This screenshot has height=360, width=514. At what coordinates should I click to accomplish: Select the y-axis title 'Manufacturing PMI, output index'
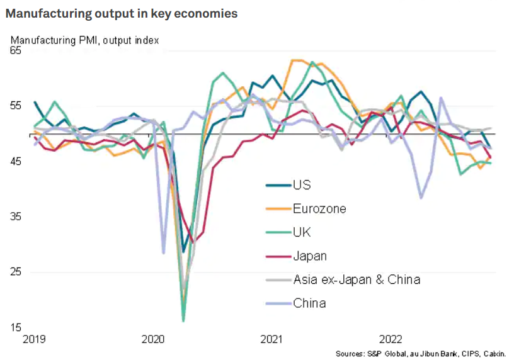pyautogui.click(x=84, y=40)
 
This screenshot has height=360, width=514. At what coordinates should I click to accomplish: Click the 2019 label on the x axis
pyautogui.click(x=34, y=339)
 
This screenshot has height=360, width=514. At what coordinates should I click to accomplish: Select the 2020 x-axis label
pyautogui.click(x=154, y=339)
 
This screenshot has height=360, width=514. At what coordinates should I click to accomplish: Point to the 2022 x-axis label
pyautogui.click(x=392, y=339)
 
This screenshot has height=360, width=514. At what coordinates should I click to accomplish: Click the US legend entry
pyautogui.click(x=302, y=185)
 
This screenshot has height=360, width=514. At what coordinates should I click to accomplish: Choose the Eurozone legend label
pyautogui.click(x=319, y=208)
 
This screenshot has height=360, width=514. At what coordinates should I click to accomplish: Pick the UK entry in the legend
pyautogui.click(x=302, y=232)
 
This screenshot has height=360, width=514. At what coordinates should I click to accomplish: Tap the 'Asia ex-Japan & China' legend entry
pyautogui.click(x=356, y=279)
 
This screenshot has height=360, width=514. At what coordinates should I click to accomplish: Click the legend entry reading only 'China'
pyautogui.click(x=309, y=303)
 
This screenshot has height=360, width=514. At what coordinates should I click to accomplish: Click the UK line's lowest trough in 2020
pyautogui.click(x=183, y=321)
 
